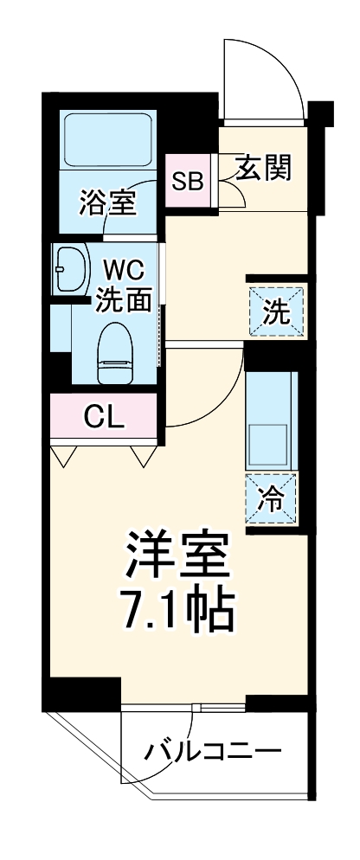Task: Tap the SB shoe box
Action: point(188,181)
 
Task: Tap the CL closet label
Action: point(105,418)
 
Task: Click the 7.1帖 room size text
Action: point(177,610)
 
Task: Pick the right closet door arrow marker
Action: point(142,455)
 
